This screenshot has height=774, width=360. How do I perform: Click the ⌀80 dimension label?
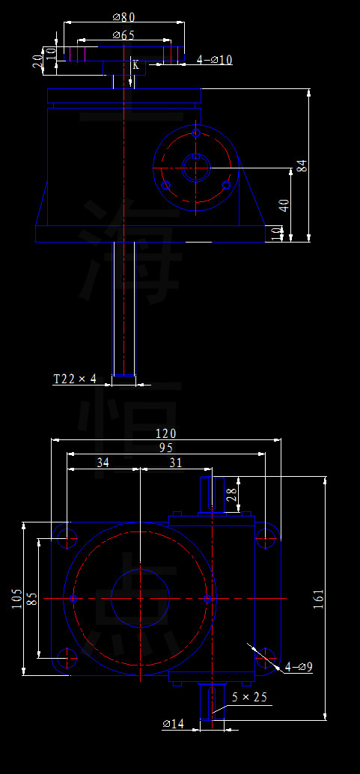click(x=123, y=16)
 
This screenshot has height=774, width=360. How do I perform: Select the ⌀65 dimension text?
click(x=123, y=35)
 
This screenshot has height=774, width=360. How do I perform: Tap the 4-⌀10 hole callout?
click(x=215, y=60)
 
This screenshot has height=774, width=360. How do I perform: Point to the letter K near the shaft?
click(x=135, y=65)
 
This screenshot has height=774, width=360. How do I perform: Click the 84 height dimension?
click(x=302, y=165)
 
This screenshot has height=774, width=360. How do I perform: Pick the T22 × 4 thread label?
click(x=75, y=379)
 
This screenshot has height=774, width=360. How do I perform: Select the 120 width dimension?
click(x=165, y=434)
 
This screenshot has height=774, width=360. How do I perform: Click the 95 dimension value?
click(x=165, y=448)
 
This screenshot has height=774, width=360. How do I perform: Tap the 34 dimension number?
click(x=103, y=463)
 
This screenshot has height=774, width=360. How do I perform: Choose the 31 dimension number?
click(x=176, y=463)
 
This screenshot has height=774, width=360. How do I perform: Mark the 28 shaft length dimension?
click(x=231, y=494)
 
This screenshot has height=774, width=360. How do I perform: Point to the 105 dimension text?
click(x=17, y=598)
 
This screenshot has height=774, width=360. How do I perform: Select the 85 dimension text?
click(x=31, y=599)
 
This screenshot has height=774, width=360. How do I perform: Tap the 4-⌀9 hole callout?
click(x=299, y=666)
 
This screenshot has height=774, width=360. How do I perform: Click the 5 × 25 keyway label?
click(x=249, y=697)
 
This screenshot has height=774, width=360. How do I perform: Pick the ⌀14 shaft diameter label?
click(x=173, y=724)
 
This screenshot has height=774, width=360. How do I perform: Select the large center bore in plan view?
click(x=140, y=598)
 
